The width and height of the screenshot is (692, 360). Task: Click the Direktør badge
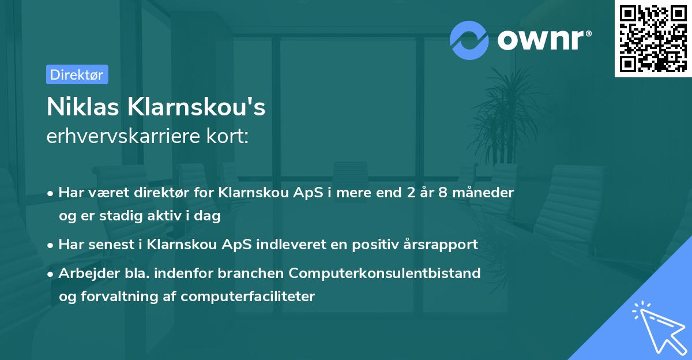coord(77,74)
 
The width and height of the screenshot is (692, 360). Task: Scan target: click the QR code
coord(653,38)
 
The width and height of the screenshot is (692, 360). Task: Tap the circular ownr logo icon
coord(469,39)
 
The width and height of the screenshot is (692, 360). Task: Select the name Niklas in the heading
coord(80,107)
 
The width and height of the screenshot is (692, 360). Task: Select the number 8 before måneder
coord(442,193)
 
